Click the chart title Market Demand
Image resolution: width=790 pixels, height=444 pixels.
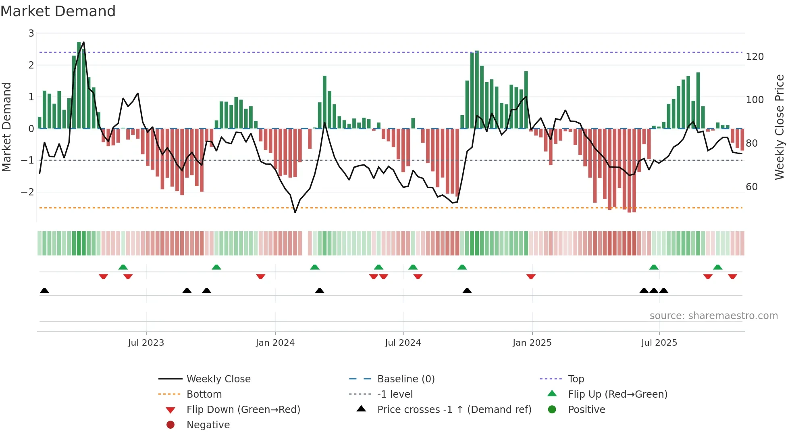pos(58,11)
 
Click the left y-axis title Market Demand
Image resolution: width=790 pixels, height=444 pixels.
pos(7,127)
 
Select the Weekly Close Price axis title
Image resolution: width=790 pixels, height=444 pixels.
pos(780,127)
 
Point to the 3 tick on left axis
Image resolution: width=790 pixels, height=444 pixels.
pos(31,33)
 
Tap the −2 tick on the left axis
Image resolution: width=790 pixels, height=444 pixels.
pos(28,192)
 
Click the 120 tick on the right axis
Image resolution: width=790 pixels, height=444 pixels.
pos(755,57)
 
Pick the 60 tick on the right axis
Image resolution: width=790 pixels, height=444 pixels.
pos(752,187)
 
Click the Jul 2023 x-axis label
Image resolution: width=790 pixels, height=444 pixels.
pos(146,343)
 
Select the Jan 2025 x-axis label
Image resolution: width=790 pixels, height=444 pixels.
pos(532,343)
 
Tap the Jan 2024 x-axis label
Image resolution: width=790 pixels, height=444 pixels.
pos(275,343)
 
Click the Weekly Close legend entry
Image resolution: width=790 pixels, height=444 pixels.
pos(218,379)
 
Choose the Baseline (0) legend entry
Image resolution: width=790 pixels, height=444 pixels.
pos(405,379)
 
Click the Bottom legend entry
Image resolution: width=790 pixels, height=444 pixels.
pos(204,394)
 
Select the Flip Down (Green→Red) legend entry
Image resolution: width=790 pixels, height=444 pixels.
pos(243,410)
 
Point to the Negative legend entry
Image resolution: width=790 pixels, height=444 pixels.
pos(208,425)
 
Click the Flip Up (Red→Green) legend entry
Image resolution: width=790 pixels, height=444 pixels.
pos(617,394)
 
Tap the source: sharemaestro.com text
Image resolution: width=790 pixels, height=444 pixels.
pos(713,316)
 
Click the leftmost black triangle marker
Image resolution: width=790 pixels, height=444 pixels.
pos(44,290)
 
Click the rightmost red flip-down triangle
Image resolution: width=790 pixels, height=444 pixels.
pos(732,276)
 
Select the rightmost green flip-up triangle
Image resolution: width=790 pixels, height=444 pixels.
pos(717,267)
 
